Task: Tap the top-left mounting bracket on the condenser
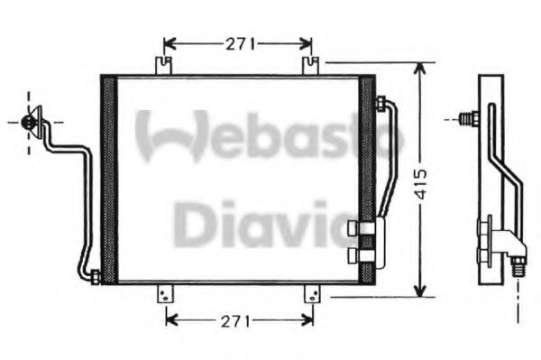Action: point(163,67)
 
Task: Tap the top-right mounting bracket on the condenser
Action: point(311,67)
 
